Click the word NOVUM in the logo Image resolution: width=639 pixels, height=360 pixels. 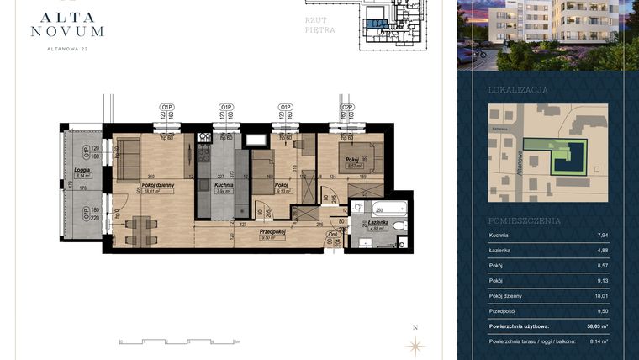[x=67, y=31]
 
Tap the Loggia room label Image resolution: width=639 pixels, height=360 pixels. [x=82, y=170]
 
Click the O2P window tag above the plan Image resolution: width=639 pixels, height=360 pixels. [x=346, y=107]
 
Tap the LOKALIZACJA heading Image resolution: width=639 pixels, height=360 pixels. [x=518, y=89]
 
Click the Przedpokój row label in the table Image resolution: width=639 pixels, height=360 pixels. [x=504, y=310]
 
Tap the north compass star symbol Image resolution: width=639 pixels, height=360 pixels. [x=415, y=345]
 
